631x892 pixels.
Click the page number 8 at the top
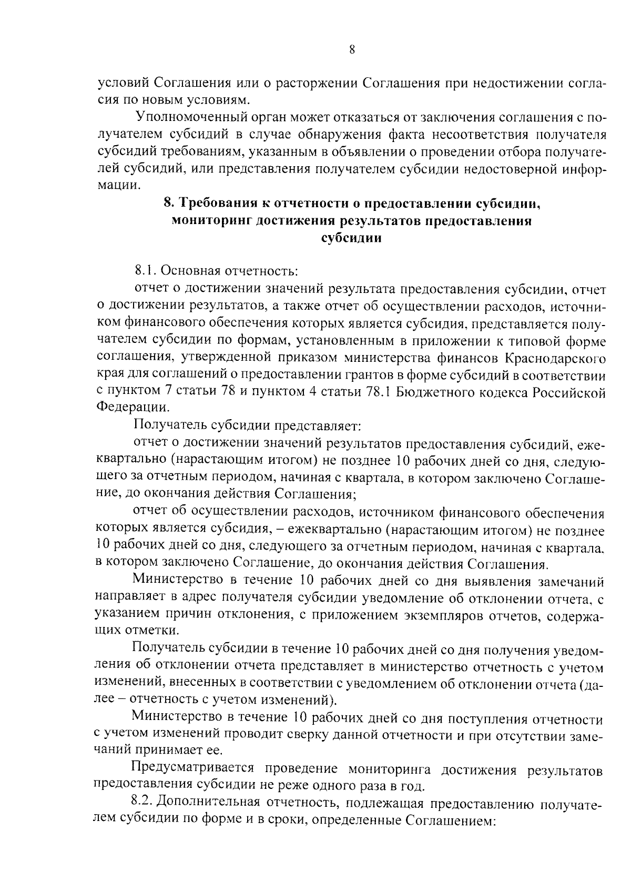[x=352, y=50]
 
